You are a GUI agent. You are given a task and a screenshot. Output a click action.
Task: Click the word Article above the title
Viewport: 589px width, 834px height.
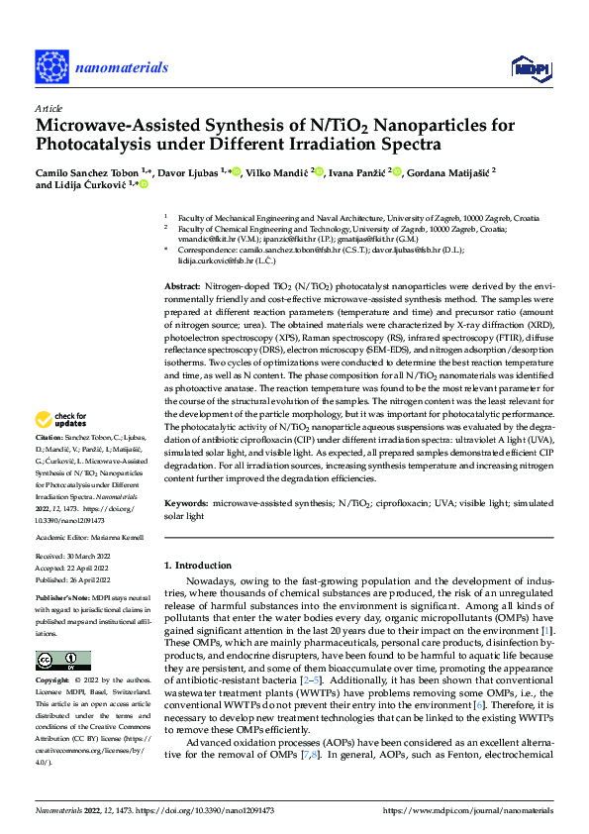point(49,108)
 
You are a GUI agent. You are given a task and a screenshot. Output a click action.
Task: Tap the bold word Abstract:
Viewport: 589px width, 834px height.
point(184,285)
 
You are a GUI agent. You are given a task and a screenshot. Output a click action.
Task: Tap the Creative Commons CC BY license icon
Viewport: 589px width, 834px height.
point(62,661)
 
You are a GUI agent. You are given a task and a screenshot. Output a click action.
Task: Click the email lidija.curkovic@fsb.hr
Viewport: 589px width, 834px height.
point(214,261)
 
